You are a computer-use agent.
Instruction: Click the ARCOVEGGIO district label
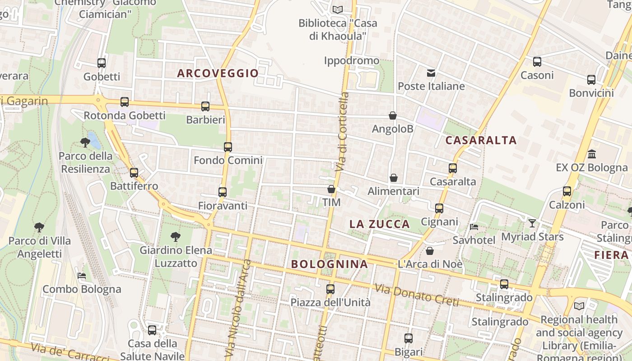pos(218,73)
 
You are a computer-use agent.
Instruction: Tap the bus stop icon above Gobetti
pos(102,63)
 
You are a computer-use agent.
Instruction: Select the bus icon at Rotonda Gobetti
pos(125,102)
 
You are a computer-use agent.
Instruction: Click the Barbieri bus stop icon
pos(205,106)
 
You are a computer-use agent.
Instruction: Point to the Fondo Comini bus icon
pos(228,147)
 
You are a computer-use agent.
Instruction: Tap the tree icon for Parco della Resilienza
pos(85,143)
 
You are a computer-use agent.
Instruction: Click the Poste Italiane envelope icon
pos(431,73)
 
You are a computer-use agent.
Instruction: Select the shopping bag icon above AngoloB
pos(393,116)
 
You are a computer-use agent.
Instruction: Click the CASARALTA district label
pos(481,140)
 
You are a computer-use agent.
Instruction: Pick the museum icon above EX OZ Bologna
pos(592,154)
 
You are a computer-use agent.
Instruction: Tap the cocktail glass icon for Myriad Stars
pos(532,223)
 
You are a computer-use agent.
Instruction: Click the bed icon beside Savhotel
pos(474,227)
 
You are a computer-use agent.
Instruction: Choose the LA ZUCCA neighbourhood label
pos(380,224)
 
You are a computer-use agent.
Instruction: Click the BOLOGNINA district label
pos(330,264)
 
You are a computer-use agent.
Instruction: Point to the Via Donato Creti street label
pos(416,295)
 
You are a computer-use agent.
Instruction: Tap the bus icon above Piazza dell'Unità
pos(330,289)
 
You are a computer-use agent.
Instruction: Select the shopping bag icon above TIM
pos(331,189)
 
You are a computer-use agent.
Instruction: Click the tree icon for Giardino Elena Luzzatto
pos(176,236)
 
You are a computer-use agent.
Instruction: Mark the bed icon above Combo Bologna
pos(82,275)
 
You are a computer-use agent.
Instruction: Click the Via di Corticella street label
pos(343,131)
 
